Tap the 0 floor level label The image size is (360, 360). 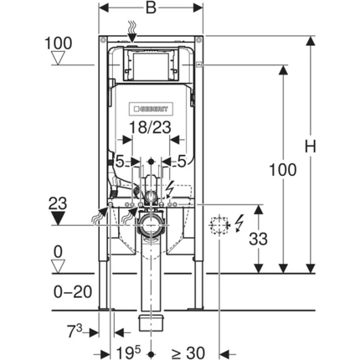point(58,249)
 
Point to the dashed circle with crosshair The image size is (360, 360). point(219,224)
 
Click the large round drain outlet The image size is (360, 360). point(152,224)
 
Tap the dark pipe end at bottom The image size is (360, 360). point(152,321)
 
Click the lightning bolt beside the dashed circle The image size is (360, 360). point(240,224)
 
